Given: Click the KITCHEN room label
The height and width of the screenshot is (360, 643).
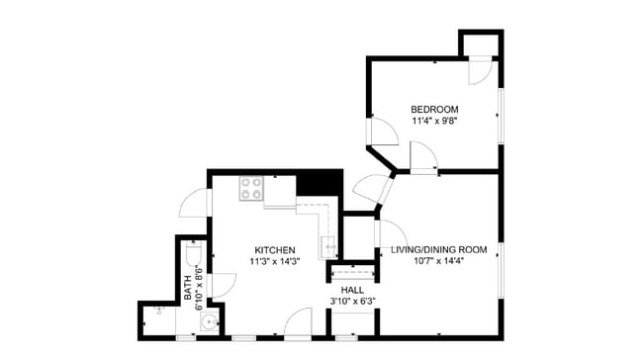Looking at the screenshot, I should click(275, 249).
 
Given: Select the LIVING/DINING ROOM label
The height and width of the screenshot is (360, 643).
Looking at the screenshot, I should click(438, 249).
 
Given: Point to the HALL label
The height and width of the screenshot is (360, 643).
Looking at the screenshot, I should click(352, 290).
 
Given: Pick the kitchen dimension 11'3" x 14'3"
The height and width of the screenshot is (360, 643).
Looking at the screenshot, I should click(275, 261).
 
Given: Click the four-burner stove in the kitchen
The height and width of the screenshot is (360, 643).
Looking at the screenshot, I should click(251, 188).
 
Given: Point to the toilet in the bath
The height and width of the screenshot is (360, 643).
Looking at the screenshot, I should click(192, 256).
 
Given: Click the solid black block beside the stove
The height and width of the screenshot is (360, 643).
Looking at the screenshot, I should click(318, 184).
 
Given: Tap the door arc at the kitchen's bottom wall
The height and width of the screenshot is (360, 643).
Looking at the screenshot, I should click(298, 322).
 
